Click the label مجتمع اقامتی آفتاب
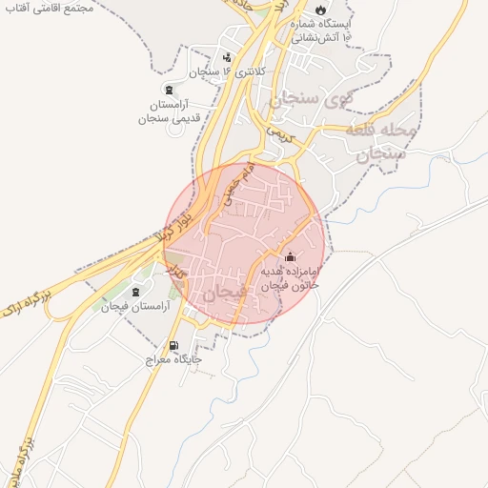click(x=52, y=7)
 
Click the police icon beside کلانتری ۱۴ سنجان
click(x=227, y=55)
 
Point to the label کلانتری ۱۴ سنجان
click(x=226, y=71)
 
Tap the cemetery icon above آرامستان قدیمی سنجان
click(x=169, y=88)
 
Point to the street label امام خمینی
click(x=235, y=187)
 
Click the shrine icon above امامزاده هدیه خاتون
click(x=291, y=256)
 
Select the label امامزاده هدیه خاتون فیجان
click(x=290, y=277)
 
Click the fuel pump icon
click(x=173, y=345)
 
